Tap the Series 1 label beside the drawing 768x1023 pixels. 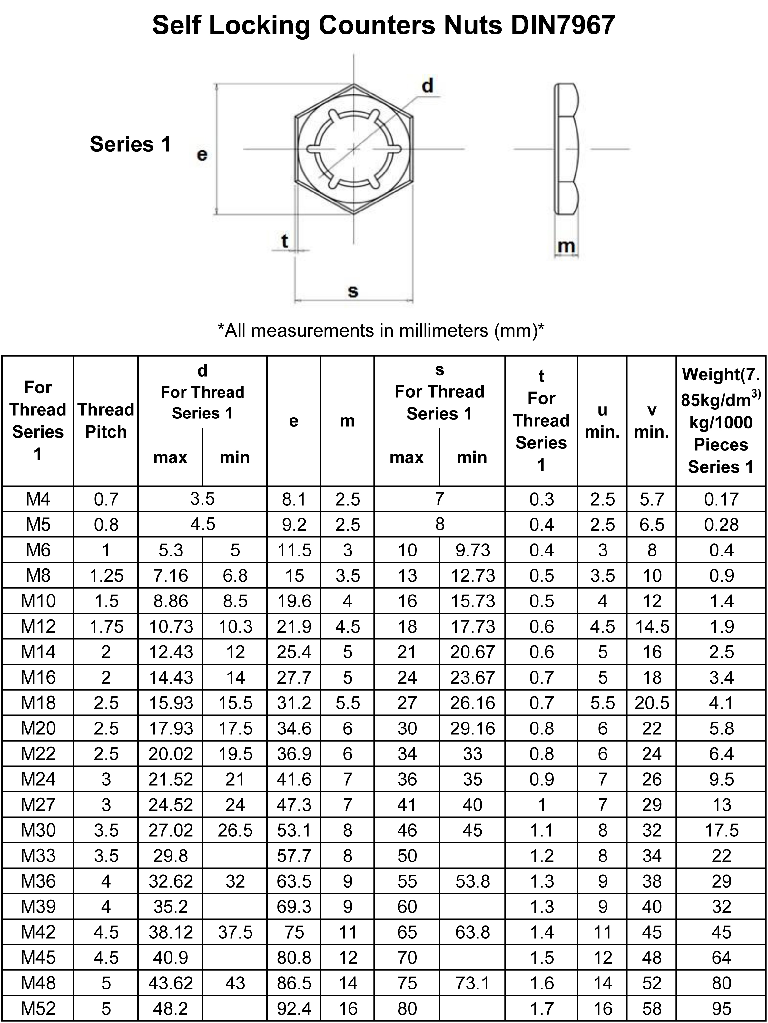coord(130,144)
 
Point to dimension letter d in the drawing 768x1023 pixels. coord(428,86)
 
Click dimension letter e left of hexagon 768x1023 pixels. coord(202,154)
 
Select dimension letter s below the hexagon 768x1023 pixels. coord(353,291)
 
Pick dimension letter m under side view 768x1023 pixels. coord(566,246)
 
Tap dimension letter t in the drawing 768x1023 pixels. coord(285,241)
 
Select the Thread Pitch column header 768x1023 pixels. coord(106,420)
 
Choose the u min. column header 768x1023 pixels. coord(602,420)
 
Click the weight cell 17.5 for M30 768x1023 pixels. coord(721,830)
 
